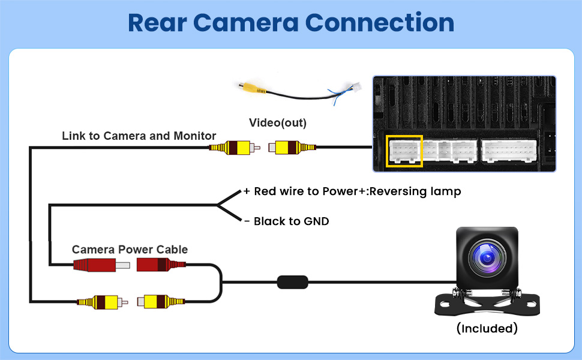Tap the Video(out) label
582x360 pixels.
(278, 123)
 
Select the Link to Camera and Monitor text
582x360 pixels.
(139, 136)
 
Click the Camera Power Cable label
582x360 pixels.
(130, 250)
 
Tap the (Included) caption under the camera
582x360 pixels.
(487, 328)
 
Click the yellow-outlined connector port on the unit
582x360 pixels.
(405, 151)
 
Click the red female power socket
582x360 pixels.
(157, 265)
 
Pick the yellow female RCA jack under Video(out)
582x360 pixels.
(290, 147)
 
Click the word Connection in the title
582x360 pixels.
(379, 23)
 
